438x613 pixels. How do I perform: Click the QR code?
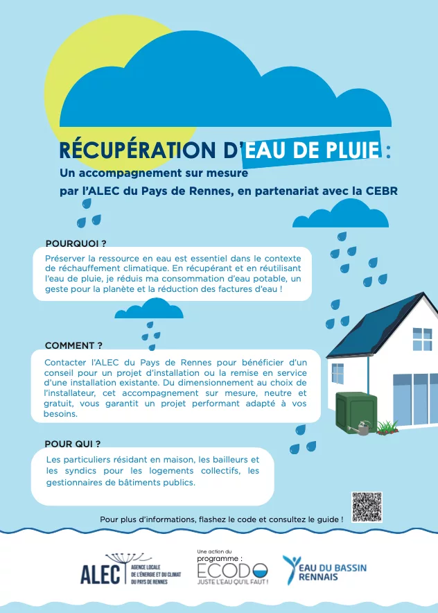(x=367, y=507)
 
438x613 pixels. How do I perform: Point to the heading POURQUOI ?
(x=76, y=243)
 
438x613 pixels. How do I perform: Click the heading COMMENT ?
(x=73, y=345)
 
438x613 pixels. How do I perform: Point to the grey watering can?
(x=360, y=430)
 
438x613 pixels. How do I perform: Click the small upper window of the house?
(x=422, y=339)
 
